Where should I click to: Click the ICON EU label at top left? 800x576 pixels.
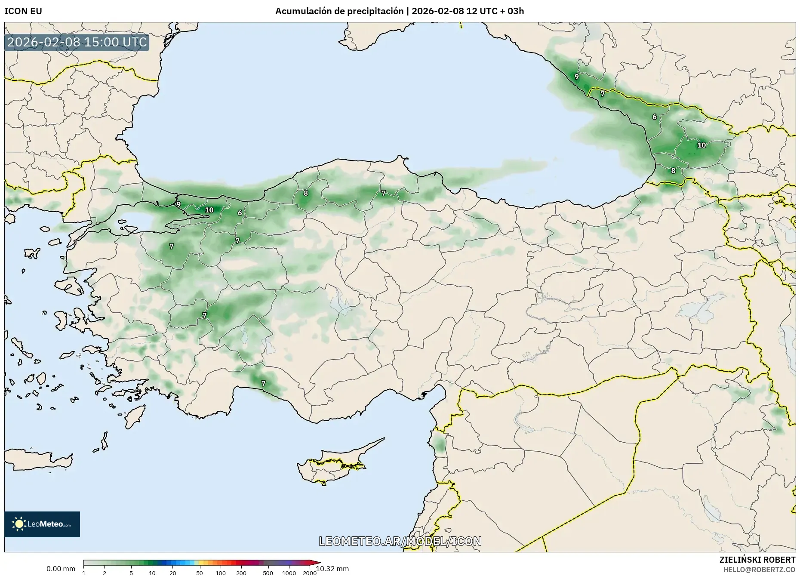23,11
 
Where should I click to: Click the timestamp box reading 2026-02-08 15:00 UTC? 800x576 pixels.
77,42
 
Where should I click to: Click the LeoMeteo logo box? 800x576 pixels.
42,524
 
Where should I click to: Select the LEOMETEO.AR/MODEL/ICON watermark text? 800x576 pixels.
400,541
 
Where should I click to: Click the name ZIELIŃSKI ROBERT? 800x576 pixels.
757,560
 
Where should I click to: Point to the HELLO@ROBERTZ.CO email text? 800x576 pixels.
759,569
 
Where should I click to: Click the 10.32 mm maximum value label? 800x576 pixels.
332,569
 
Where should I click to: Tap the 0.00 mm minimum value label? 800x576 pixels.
61,569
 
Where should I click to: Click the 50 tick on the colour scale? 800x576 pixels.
199,573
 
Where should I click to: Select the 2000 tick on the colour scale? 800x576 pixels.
309,573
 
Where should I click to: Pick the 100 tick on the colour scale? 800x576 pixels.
220,573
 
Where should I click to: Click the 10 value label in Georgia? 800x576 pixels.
702,145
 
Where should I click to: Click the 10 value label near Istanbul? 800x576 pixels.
209,210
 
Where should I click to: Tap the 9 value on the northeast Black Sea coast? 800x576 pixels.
576,77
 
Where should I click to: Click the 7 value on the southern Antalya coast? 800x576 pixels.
263,383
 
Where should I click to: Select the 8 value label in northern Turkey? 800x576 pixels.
306,193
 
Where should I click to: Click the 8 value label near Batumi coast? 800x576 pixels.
673,170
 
